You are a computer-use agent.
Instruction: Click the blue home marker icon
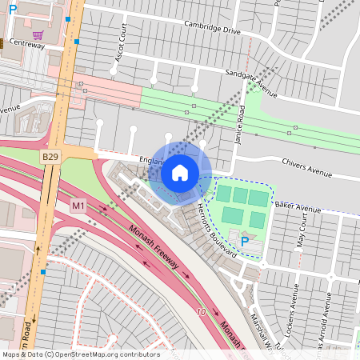click(x=180, y=173)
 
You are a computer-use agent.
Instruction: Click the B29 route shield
click(x=51, y=156)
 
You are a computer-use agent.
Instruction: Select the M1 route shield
click(x=78, y=206)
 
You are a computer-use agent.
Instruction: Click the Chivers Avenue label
click(x=306, y=167)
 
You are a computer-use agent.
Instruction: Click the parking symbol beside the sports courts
click(x=244, y=240)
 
